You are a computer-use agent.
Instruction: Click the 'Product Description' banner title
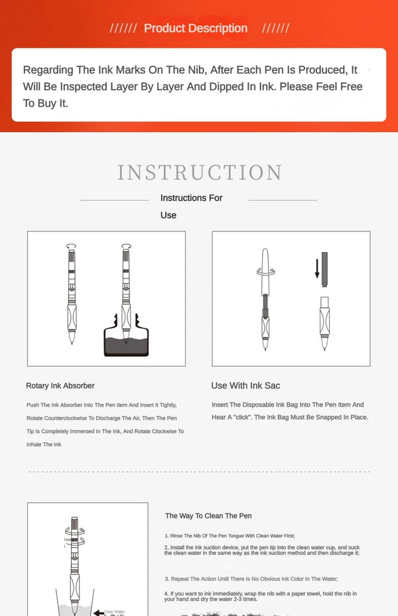click(196, 28)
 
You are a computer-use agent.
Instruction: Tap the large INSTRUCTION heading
click(200, 172)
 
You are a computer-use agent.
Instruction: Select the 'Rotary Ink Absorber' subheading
click(60, 385)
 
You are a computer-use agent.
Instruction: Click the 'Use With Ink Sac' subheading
click(245, 385)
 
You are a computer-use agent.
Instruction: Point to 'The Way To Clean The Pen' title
click(208, 515)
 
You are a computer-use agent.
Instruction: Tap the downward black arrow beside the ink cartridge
click(317, 268)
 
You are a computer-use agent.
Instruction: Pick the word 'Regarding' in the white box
click(47, 70)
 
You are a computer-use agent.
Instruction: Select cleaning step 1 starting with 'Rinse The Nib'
click(230, 535)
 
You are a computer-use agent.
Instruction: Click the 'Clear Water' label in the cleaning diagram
click(114, 612)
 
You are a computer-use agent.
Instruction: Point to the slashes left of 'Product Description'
click(123, 28)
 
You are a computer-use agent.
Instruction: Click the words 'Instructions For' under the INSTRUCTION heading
click(192, 198)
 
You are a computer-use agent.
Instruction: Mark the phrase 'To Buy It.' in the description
click(46, 103)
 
